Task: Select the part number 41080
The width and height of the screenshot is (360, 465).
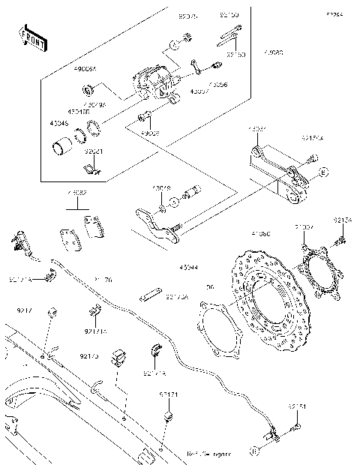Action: [261, 234]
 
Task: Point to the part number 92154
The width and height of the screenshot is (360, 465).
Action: [343, 220]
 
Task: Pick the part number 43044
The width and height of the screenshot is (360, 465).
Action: [188, 268]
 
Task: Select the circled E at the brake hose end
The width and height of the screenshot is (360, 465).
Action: [254, 451]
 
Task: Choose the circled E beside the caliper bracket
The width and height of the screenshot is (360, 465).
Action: [323, 172]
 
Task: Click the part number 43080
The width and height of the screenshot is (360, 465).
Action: [274, 53]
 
